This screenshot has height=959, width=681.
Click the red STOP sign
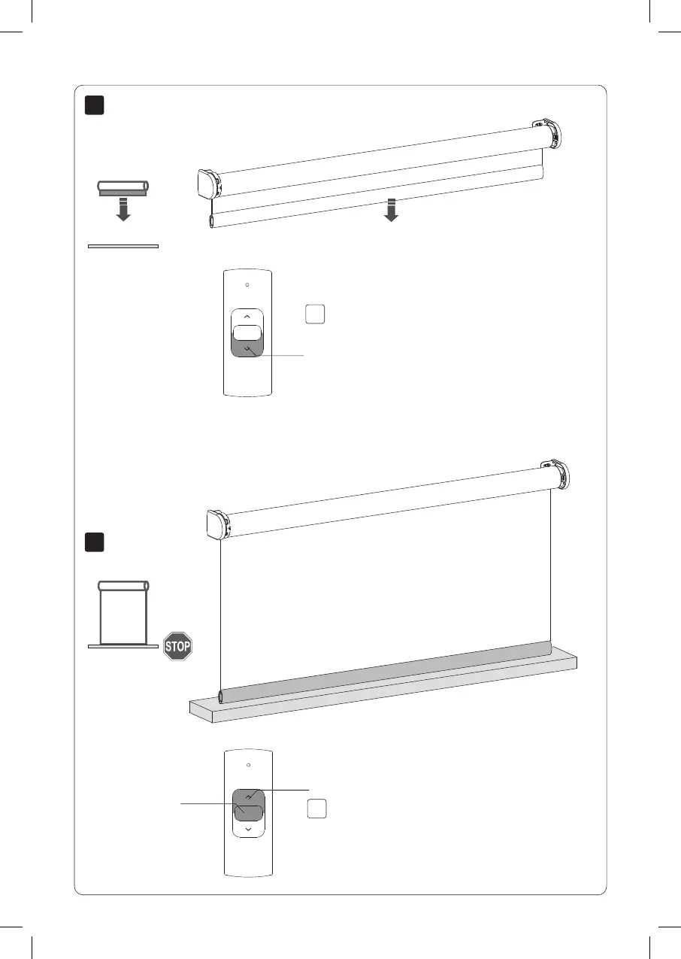click(x=178, y=646)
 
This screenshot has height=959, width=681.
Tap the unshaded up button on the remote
click(x=247, y=317)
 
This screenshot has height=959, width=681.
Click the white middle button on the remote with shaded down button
click(x=247, y=333)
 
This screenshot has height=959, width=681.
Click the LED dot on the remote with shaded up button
click(x=248, y=764)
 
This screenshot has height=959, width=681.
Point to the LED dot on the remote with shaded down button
click(x=247, y=285)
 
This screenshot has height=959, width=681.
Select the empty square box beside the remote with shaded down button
click(x=316, y=314)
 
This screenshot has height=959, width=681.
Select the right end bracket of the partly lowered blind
click(x=546, y=132)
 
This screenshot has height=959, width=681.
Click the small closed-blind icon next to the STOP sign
click(x=123, y=613)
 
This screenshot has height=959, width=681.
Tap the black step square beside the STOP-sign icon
click(x=93, y=542)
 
